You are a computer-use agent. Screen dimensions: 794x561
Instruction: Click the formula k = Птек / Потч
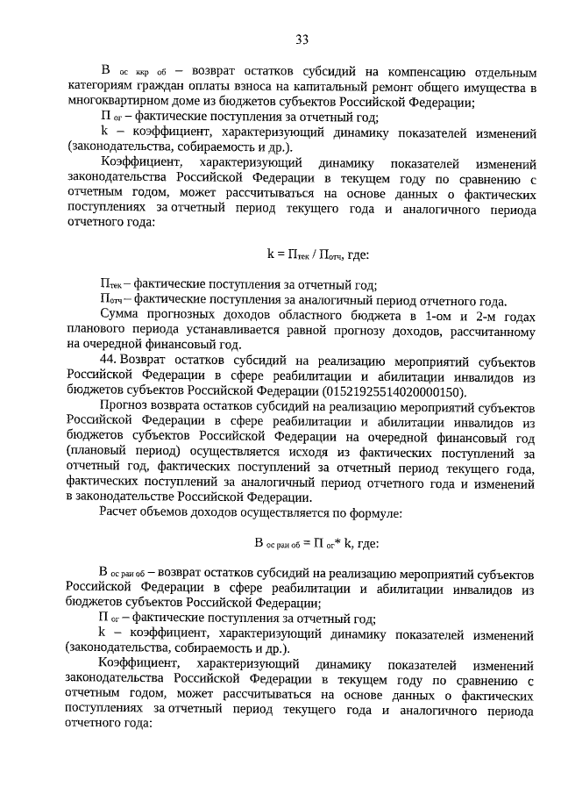click(318, 255)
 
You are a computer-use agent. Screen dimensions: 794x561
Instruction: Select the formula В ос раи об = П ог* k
click(316, 543)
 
